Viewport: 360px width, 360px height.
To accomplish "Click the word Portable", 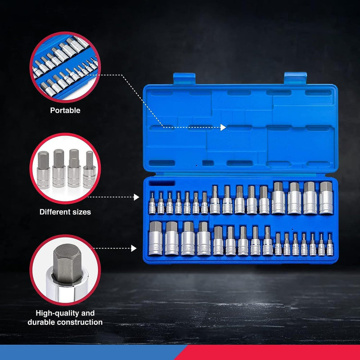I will pyautogui.click(x=65, y=110).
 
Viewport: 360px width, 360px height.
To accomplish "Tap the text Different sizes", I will pyautogui.click(x=65, y=211).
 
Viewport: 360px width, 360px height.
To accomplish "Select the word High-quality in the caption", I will pyautogui.click(x=52, y=313).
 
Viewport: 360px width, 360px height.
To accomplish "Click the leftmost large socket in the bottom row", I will pyautogui.click(x=155, y=238).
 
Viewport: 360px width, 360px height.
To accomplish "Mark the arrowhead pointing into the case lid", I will pyautogui.click(x=223, y=128).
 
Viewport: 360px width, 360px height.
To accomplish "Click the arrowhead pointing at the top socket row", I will pyautogui.click(x=137, y=197).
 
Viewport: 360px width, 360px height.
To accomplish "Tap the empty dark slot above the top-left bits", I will pyautogui.click(x=162, y=184).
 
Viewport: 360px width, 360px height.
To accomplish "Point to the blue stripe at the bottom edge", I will pyautogui.click(x=90, y=353).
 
